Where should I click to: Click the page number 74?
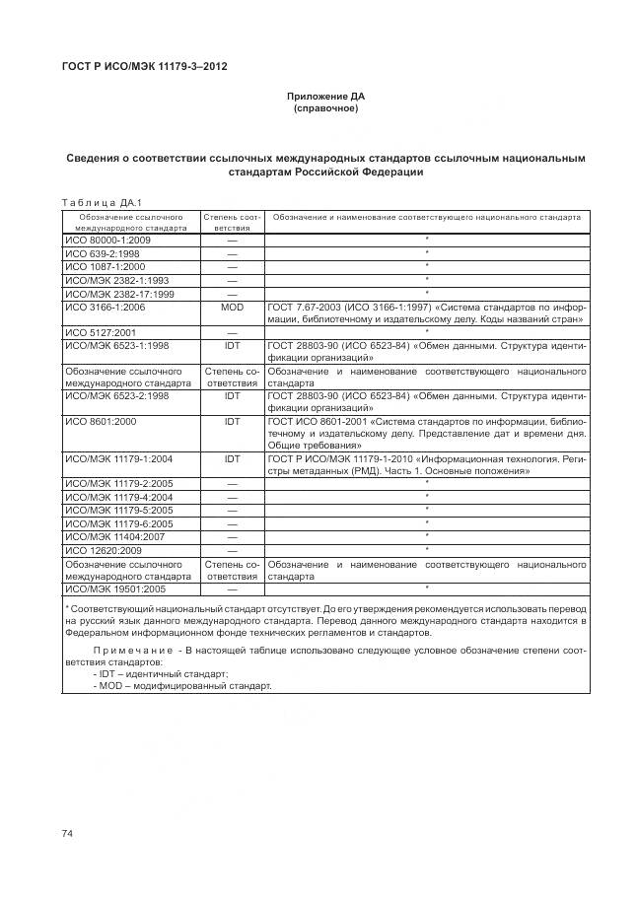67,834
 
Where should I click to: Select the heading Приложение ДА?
325,96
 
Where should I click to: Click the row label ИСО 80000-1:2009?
108,240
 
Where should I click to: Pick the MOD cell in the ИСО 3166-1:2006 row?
232,308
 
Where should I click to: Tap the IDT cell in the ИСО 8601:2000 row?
232,421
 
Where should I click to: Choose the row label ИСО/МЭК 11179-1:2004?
118,459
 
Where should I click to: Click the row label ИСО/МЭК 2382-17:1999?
118,294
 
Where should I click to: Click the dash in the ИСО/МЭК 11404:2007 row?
232,536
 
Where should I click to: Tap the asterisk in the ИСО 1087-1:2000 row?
426,266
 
